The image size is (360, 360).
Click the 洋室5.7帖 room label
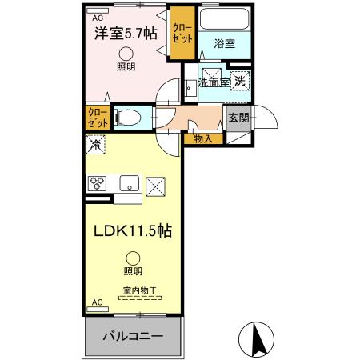(126, 35)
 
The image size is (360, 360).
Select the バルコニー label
(132, 336)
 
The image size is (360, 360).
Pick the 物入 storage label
(203, 138)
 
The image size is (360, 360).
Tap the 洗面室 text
(214, 82)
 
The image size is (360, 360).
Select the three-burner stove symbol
(98, 183)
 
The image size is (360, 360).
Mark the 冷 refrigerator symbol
(95, 146)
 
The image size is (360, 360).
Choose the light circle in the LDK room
(132, 258)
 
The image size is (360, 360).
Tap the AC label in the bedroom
(98, 17)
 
